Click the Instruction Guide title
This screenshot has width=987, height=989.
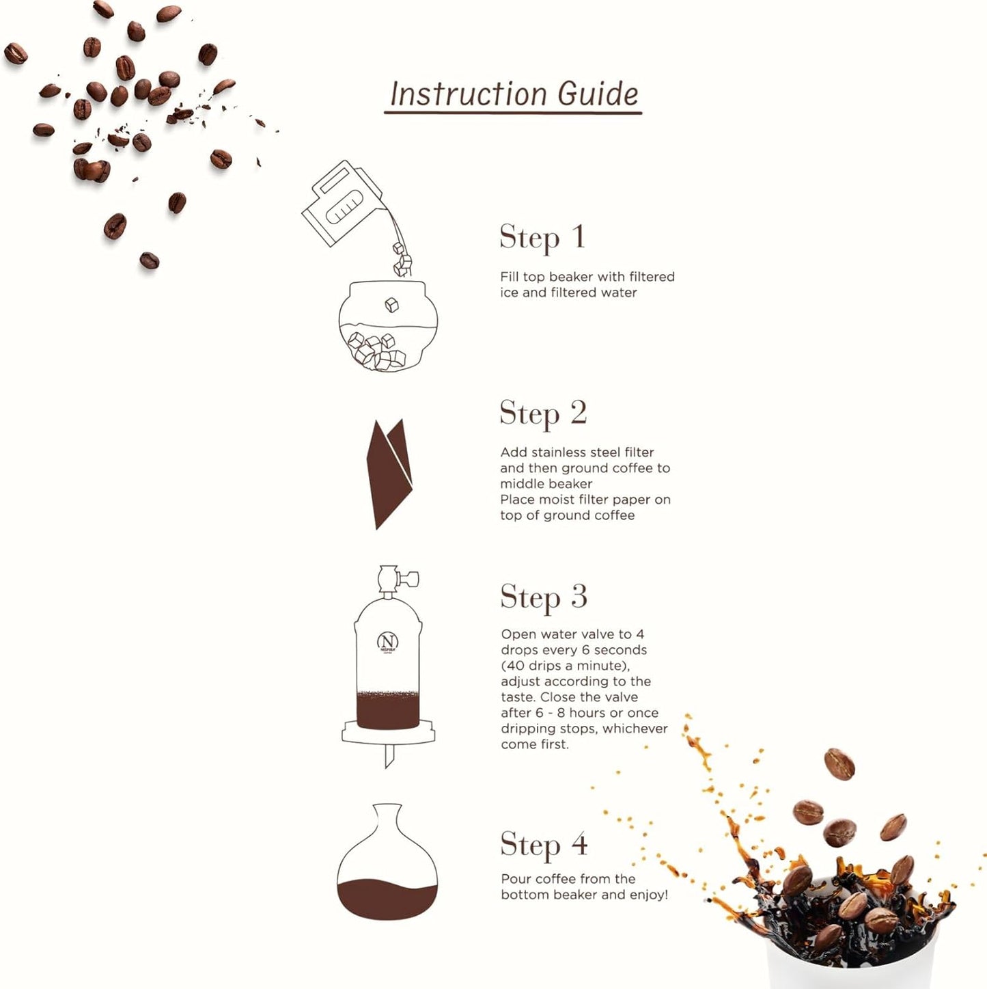pos(513,94)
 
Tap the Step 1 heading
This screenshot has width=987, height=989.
pos(542,238)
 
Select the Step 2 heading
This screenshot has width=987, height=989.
pos(543,414)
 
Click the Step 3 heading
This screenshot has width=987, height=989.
pos(543,597)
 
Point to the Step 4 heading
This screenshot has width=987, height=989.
pos(544,845)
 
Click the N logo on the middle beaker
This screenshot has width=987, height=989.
pos(387,641)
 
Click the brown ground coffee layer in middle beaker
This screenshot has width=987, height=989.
pos(387,711)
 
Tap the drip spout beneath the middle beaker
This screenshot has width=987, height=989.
pos(389,756)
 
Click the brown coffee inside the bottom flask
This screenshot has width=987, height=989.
pos(387,899)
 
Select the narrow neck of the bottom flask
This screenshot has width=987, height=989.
pos(387,817)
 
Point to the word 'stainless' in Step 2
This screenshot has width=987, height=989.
pos(560,452)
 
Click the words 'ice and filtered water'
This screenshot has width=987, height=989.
pos(568,293)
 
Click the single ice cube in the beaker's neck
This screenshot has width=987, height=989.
pos(391,305)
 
